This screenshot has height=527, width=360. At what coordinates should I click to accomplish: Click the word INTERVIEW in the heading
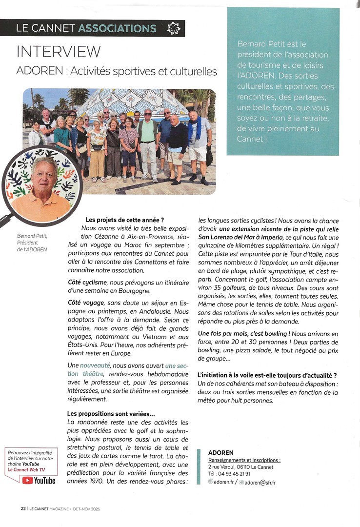59,52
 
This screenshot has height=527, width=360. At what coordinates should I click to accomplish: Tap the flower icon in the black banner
173,28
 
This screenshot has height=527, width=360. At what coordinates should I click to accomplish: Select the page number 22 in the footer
23,508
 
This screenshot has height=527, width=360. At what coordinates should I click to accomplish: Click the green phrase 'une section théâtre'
122,369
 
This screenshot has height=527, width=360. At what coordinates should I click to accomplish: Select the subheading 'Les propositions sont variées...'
111,414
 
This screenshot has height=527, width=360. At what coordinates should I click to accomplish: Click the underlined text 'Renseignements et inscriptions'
244,460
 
